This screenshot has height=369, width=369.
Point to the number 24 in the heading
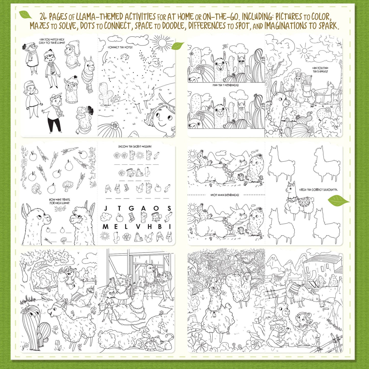[x=43, y=17]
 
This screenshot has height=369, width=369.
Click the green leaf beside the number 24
[x=25, y=15]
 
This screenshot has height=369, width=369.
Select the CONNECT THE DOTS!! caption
[x=120, y=47]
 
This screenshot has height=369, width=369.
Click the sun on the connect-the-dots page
[x=162, y=43]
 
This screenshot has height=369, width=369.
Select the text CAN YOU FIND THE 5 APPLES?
[x=320, y=70]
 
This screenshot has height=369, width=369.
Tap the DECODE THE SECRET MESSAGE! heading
[x=135, y=147]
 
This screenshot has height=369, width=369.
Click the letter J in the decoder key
[x=105, y=208]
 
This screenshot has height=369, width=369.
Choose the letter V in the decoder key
[x=138, y=227]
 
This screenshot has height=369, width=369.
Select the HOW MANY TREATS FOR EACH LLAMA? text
[x=59, y=201]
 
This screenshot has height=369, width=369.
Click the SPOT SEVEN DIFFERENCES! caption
[x=225, y=195]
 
